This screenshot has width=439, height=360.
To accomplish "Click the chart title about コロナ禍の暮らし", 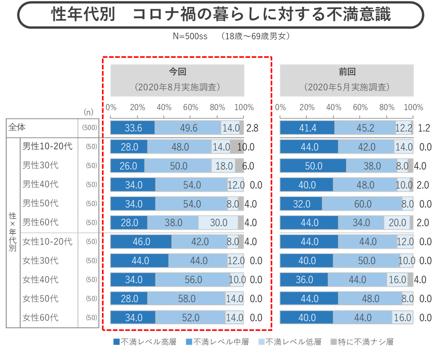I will coord(221,15).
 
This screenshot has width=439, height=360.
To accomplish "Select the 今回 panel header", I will coord(177,80).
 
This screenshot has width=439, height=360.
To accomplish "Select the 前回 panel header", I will coord(347,80).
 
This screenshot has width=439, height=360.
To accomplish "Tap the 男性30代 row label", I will coord(40,165).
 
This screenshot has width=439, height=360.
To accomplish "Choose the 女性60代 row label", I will coord(40,318).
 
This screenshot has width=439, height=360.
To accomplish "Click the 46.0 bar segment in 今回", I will coord(141,242).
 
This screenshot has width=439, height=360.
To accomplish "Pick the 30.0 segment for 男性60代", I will coord(218,223).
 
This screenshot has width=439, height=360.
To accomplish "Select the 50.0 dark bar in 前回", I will coord(313,166).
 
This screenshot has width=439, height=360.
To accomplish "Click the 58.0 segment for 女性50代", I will coord(187,299).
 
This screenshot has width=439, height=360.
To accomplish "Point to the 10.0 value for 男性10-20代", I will coord(245,147).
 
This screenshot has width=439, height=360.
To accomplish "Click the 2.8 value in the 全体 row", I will coord(252,128).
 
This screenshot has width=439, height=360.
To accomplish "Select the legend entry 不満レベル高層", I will coord(145,342).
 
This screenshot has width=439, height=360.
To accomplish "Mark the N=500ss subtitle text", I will coord(190,36).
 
